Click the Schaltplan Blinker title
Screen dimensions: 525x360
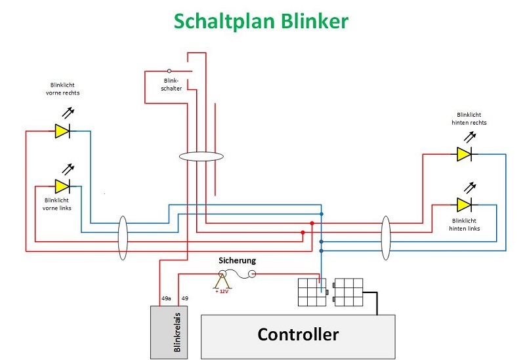(261, 21)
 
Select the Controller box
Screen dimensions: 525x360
(298, 336)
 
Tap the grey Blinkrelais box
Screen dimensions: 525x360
(169, 332)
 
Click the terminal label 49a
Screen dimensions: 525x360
(166, 298)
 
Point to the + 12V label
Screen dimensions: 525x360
(222, 291)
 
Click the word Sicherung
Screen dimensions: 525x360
(238, 260)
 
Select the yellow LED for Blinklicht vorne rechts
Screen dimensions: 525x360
(62, 130)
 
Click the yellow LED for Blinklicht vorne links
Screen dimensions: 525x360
(62, 186)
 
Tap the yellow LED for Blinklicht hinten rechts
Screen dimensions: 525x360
(464, 154)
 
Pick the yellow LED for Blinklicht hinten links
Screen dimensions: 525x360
(464, 205)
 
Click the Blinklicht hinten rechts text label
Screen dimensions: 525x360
(469, 119)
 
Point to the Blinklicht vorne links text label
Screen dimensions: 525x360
(57, 204)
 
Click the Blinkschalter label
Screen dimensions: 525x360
(171, 85)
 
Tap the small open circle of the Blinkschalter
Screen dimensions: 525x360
(169, 71)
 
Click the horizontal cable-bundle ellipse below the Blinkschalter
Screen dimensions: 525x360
(201, 156)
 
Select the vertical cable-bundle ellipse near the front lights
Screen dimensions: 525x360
(123, 238)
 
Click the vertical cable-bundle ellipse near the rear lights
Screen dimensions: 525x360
(386, 238)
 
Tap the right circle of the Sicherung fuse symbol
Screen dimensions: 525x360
(252, 274)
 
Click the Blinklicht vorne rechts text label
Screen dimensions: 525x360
(62, 89)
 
